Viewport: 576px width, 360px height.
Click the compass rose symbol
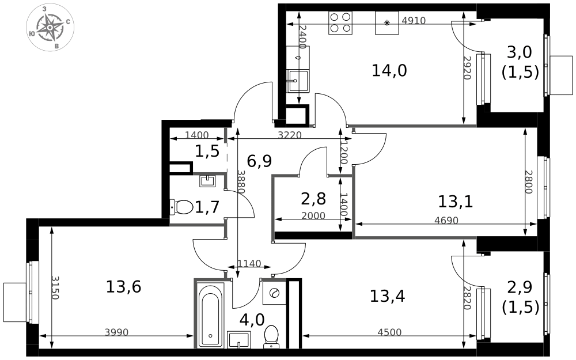[50, 28]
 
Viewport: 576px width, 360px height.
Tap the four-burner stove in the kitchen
[340, 23]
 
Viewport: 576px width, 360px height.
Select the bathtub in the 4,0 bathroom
[210, 315]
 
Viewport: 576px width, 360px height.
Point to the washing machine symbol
[274, 293]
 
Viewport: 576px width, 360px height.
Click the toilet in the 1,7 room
[181, 207]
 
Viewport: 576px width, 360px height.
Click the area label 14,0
[389, 70]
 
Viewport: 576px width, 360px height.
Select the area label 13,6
[123, 286]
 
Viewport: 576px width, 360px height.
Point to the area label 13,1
[456, 201]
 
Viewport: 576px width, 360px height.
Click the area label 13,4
[387, 296]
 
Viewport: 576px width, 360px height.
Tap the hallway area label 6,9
[259, 161]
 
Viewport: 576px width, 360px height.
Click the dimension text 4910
[414, 21]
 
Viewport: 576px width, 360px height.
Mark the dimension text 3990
[116, 332]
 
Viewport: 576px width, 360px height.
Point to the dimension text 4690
[446, 221]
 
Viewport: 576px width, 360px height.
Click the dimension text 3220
[290, 135]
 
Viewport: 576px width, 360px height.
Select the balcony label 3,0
[520, 52]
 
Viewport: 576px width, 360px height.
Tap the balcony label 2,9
[520, 287]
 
